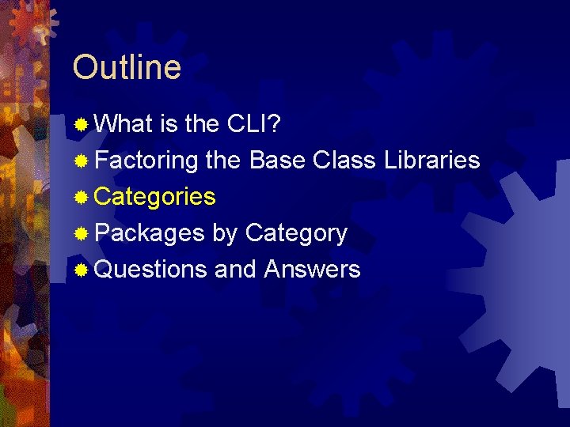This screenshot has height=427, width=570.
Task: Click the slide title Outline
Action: tap(127, 67)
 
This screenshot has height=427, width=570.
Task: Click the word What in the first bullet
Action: tap(123, 124)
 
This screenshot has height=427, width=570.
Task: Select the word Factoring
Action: tap(146, 161)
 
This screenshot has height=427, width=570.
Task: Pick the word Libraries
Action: tap(432, 161)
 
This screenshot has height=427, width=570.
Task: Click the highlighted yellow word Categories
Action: tap(155, 197)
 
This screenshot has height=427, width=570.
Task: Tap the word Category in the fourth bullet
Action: tap(296, 234)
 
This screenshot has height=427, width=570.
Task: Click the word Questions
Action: tap(150, 270)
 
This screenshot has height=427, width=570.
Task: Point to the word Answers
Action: tap(312, 270)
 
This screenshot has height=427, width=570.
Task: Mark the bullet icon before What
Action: tap(81, 125)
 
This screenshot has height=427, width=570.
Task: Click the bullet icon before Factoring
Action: tap(81, 161)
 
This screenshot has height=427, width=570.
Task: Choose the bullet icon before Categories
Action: tap(81, 198)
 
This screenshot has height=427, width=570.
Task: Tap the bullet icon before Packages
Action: tap(81, 234)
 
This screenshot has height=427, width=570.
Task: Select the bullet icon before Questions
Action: tap(81, 270)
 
